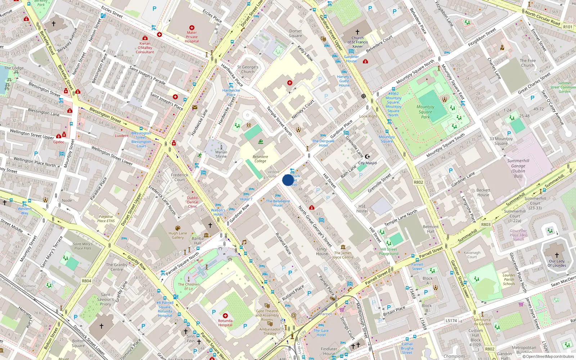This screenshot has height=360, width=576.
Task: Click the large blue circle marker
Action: tap(288, 180)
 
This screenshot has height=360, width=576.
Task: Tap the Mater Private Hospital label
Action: tap(192, 37)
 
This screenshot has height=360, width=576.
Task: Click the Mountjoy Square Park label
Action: tap(426, 112)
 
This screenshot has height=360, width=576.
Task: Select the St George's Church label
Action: tap(248, 69)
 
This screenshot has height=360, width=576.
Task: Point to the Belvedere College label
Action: tap(260, 159)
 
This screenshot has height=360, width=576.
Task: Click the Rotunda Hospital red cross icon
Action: tap(225, 315)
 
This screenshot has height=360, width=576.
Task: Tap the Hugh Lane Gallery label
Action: tap(178, 235)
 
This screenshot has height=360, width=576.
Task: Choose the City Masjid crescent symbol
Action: tap(368, 157)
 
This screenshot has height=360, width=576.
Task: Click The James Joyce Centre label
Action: tap(343, 255)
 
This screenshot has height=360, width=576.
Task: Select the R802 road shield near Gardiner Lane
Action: tap(418, 182)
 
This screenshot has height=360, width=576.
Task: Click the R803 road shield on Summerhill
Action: tap(486, 224)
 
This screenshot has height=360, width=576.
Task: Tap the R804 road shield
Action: tap(86, 281)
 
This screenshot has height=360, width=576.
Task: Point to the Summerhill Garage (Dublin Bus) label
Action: tap(518, 168)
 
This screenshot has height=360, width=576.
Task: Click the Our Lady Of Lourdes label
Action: tap(557, 263)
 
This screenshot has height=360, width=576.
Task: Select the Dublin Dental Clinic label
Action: tap(193, 202)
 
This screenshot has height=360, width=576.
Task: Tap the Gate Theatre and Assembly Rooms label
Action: tap(267, 315)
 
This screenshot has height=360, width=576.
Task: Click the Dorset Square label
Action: tap(296, 33)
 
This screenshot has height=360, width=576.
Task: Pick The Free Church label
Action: tap(527, 63)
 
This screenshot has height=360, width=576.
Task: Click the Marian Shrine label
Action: tap(221, 154)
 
